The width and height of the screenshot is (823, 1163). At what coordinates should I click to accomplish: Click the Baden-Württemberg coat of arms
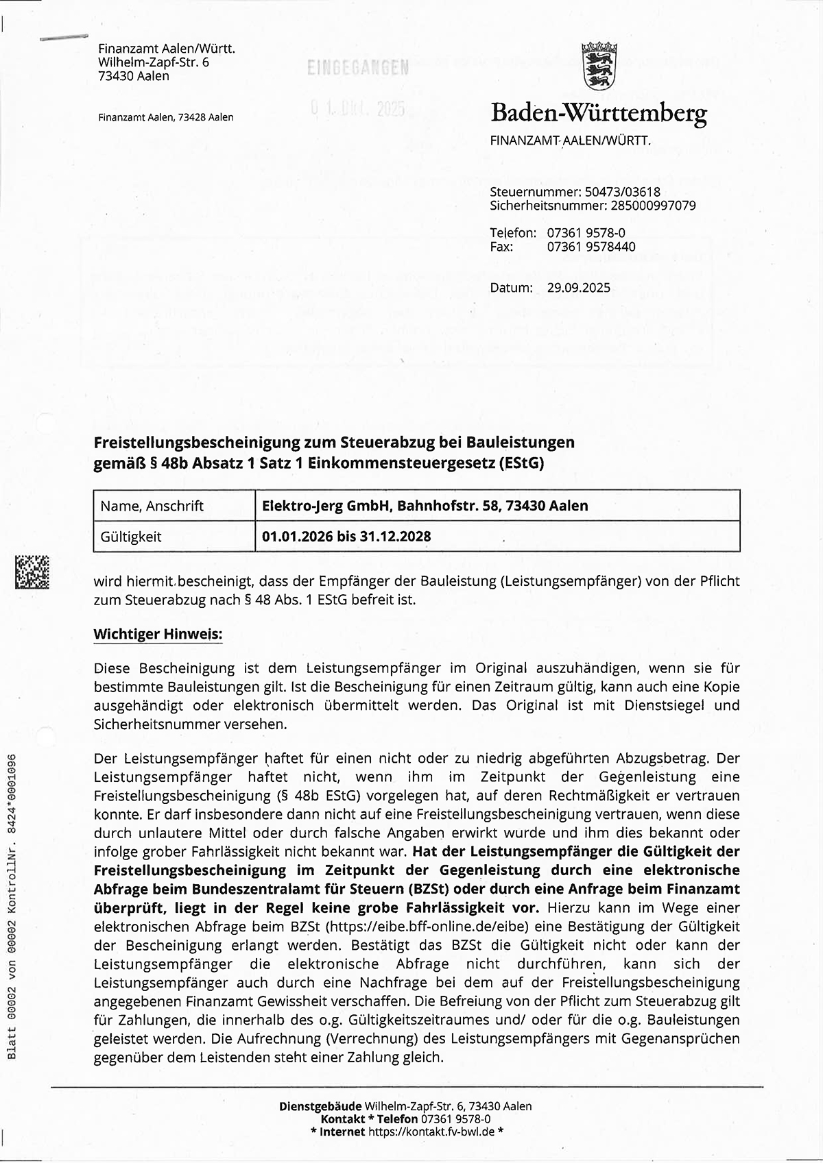[599, 65]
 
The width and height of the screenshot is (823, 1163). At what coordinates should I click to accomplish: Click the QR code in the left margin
[32, 572]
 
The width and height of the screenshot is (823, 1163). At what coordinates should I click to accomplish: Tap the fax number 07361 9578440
[591, 247]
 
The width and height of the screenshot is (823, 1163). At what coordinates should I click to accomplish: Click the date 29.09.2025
[578, 288]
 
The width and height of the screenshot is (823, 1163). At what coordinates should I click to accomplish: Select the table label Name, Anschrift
[152, 506]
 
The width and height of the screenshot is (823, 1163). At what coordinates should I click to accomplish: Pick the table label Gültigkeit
[131, 537]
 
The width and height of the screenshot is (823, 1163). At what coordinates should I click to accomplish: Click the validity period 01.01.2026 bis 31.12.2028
[346, 537]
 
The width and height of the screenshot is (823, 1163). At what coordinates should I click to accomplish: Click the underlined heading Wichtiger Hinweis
[158, 634]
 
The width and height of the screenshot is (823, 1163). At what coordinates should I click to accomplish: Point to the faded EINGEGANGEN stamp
[358, 68]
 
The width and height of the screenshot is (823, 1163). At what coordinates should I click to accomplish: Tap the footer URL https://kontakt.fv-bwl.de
[431, 1131]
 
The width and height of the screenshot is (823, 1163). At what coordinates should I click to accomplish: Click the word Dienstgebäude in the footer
[320, 1106]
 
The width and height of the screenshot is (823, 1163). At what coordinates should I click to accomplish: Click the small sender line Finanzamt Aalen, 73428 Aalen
[165, 117]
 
